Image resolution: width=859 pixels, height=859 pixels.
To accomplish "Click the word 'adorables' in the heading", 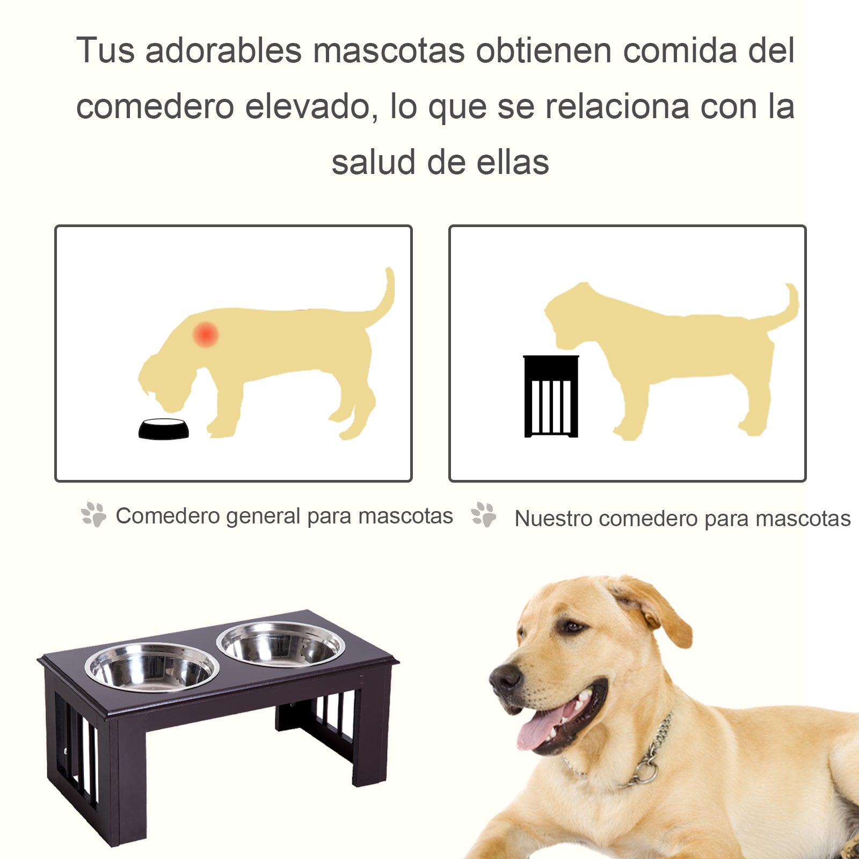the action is tap(223, 50).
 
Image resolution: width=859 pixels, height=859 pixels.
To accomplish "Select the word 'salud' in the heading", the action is tap(374, 162).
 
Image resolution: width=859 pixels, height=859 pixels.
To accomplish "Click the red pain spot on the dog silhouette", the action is tap(206, 334).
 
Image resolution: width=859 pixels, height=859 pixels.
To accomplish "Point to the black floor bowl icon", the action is tap(164, 429).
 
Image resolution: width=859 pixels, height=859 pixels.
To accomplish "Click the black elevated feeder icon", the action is tap(551, 396).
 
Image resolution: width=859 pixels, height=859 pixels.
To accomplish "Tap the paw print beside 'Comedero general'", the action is tap(94, 514).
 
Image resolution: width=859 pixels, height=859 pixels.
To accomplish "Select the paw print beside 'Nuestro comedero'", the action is tap(484, 514).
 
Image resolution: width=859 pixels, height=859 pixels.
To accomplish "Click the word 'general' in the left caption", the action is tap(263, 516).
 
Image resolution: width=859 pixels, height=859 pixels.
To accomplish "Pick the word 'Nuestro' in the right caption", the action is tap(553, 519).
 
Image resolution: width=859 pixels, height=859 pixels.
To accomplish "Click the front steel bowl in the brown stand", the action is tap(152, 666).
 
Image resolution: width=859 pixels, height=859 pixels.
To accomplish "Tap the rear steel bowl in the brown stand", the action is tap(281, 644).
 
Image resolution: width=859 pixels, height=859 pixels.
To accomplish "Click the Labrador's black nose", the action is tap(505, 679).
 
